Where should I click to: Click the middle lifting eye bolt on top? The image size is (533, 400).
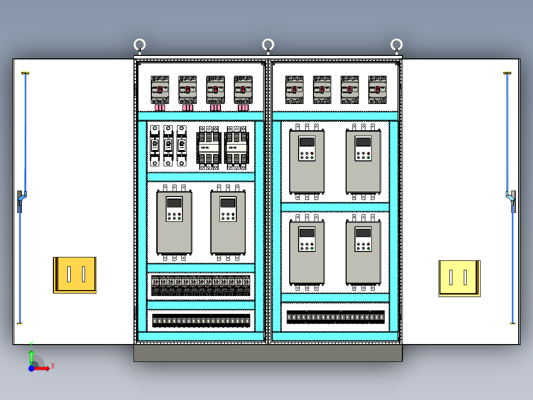click(x=268, y=46)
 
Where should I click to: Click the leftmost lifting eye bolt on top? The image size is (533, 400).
click(x=140, y=46)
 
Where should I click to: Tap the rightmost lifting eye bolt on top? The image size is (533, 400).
click(x=396, y=46)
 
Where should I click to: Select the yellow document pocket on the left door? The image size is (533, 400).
click(x=75, y=275)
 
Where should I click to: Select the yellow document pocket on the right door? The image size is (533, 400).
click(x=459, y=278)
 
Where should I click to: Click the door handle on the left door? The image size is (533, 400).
click(x=20, y=200)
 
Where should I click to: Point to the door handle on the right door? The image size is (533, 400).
click(x=512, y=200)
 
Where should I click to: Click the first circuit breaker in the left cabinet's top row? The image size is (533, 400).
click(x=160, y=90)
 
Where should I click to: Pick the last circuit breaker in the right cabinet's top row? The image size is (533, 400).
click(x=377, y=90)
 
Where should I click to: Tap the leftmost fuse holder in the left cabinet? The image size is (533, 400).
click(x=155, y=146)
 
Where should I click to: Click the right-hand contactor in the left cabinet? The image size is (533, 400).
click(x=236, y=148)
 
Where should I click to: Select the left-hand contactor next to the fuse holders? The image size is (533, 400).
click(x=209, y=148)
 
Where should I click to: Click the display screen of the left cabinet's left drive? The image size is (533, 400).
click(x=174, y=202)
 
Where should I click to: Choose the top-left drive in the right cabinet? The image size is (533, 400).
click(x=307, y=161)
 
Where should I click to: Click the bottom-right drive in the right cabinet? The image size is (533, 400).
click(x=363, y=253)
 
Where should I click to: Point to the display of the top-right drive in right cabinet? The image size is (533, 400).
click(x=363, y=142)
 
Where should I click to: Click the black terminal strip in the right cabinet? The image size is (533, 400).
click(x=336, y=317)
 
